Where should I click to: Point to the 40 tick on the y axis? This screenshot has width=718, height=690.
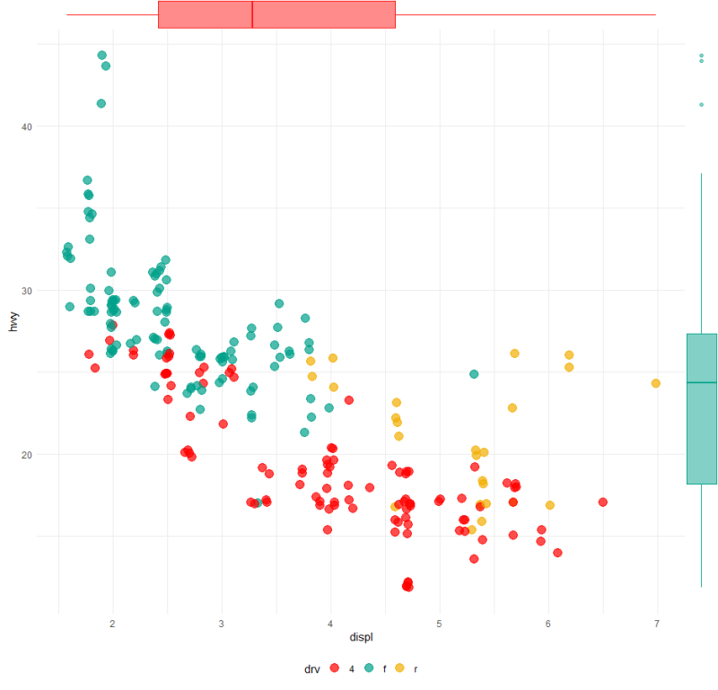tap(27, 127)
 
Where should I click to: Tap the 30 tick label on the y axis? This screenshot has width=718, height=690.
tap(27, 291)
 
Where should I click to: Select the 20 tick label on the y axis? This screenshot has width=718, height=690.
tap(27, 455)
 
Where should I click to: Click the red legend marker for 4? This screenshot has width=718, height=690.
tap(334, 668)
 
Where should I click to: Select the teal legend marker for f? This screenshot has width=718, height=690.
tap(367, 668)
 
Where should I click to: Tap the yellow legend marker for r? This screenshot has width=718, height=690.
tap(399, 668)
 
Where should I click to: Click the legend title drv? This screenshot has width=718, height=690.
tap(311, 668)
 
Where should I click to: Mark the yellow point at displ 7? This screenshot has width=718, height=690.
tap(655, 383)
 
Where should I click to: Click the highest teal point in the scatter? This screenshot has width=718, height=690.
tap(101, 56)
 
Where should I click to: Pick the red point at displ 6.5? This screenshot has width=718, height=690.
tap(603, 502)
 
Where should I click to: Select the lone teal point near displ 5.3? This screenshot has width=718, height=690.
tap(474, 373)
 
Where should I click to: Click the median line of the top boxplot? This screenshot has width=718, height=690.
tap(252, 14)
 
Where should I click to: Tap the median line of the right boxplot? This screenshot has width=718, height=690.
tap(702, 382)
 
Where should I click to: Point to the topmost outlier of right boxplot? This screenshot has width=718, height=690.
tap(702, 56)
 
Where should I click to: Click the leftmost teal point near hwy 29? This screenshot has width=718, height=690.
tap(70, 307)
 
